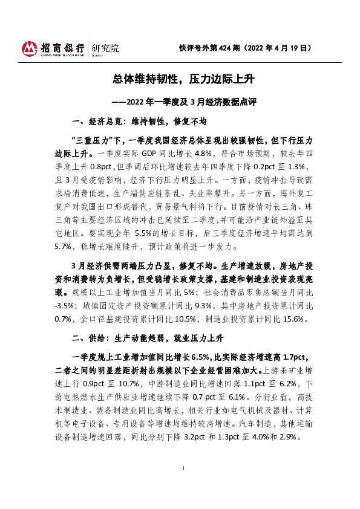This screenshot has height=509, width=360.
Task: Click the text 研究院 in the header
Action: pyautogui.click(x=103, y=48)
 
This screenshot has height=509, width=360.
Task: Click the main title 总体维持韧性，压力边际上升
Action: pyautogui.click(x=180, y=79)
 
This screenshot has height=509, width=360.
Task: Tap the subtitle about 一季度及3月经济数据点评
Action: pyautogui.click(x=180, y=102)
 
